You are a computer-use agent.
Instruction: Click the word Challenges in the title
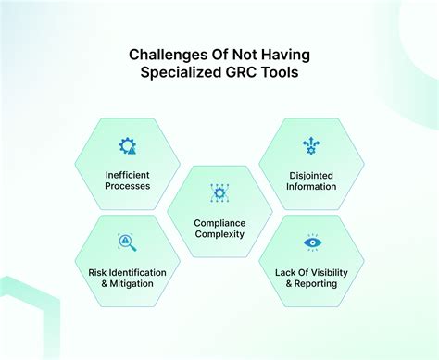tap(162, 55)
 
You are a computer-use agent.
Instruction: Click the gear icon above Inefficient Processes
tap(127, 145)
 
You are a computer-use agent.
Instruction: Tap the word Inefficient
tap(127, 173)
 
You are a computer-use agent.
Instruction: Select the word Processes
tap(127, 186)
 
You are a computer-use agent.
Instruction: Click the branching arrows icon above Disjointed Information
tap(311, 145)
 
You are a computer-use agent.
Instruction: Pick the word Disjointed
tap(311, 173)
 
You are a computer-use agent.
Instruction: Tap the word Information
tap(311, 186)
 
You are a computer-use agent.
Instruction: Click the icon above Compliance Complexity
tap(219, 193)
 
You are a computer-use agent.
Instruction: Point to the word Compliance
tap(219, 222)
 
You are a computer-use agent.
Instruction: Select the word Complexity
tap(219, 235)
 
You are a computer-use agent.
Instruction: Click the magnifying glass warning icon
tap(127, 243)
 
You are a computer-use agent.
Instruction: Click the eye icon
tap(311, 243)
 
